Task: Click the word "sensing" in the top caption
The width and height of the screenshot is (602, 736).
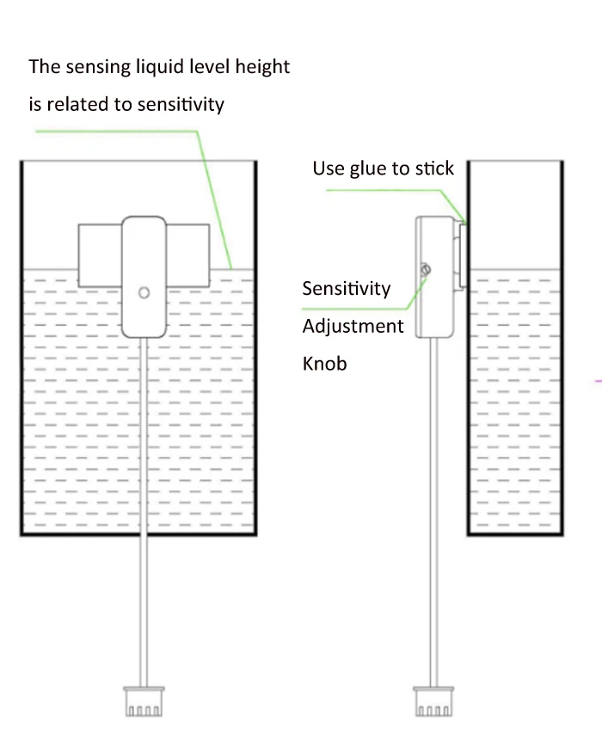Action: coord(98,67)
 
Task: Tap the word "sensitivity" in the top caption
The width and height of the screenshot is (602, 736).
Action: coord(181,104)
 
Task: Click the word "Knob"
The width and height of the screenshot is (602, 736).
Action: coord(324,364)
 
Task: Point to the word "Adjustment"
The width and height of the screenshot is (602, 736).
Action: coord(353,326)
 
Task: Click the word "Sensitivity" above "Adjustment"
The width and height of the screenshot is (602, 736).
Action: coord(347,289)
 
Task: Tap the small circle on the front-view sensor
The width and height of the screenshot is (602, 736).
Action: coord(144,293)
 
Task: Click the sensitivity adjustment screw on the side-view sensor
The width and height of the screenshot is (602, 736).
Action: coord(426,269)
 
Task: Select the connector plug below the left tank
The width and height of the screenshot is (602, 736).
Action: coord(144,702)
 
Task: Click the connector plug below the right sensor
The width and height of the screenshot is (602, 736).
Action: coord(433,702)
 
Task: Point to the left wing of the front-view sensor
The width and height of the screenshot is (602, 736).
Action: coord(100,255)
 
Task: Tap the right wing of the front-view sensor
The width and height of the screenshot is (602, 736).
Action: coord(187,255)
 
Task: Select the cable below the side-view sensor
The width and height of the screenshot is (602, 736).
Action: coord(434,512)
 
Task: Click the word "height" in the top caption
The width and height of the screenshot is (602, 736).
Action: coord(262,67)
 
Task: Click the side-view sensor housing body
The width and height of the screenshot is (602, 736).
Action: coord(435,277)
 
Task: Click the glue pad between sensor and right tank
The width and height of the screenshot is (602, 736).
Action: coord(463,256)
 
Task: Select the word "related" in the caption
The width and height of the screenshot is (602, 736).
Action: coord(78,104)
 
